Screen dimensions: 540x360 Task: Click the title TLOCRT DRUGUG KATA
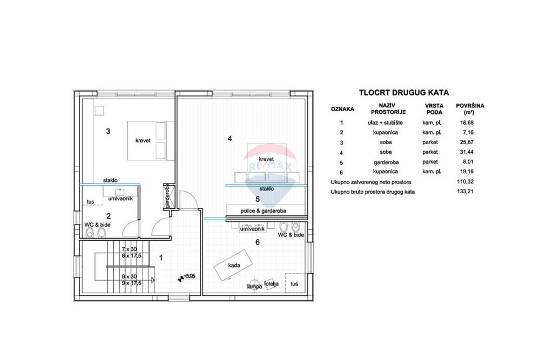[403, 93]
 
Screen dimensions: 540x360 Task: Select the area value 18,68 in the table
[467, 123]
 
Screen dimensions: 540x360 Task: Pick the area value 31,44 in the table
[467, 152]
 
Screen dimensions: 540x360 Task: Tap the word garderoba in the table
[386, 162]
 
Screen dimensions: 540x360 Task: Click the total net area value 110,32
[465, 182]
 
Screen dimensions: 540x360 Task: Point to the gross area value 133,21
[465, 192]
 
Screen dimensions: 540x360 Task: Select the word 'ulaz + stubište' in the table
[385, 123]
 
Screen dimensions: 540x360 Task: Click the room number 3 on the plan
[108, 131]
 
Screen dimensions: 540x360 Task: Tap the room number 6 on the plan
[257, 242]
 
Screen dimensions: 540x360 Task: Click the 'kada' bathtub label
[234, 266]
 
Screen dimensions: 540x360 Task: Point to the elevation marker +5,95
[189, 276]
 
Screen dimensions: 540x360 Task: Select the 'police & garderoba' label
[263, 210]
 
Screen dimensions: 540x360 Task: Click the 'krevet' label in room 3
[143, 140]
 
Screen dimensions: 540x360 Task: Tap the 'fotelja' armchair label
[271, 284]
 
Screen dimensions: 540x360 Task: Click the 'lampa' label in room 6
[254, 287]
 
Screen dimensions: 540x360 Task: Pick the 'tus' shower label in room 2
[90, 202]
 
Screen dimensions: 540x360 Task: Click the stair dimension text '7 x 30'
[129, 249]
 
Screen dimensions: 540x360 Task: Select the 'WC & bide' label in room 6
[291, 235]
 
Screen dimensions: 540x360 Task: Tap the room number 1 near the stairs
[161, 258]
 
